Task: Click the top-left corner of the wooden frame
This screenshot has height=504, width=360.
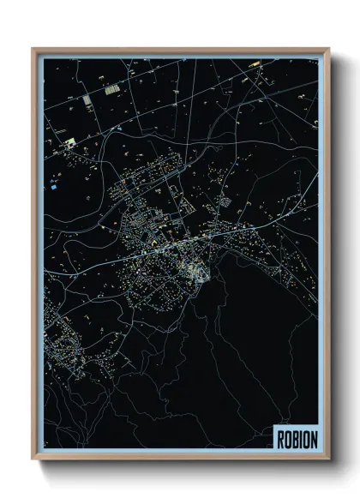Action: coord(33,49)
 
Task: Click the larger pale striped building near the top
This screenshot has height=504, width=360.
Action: coord(111,88)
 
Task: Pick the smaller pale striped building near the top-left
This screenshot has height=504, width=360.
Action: coord(87,101)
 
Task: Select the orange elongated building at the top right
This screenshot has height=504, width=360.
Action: coord(255,64)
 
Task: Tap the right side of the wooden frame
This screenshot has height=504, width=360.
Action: coord(327,257)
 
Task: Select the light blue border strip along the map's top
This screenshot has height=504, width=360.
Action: coord(180,56)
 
